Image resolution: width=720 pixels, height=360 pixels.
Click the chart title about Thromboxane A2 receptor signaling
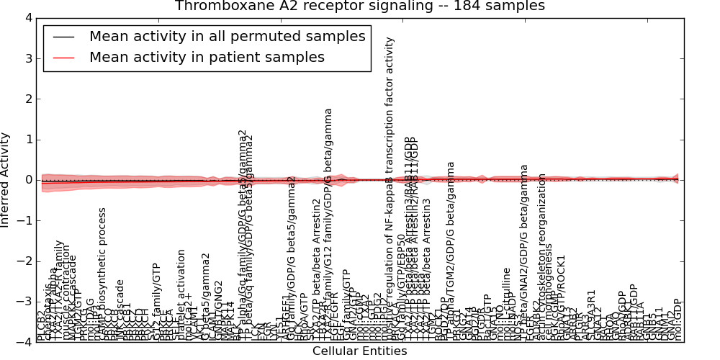click(x=359, y=6)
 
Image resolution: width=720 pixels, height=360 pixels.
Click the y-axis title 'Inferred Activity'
click(x=6, y=179)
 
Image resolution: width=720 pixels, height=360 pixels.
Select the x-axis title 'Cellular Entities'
click(x=359, y=351)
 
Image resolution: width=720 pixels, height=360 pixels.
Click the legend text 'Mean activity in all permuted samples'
click(x=227, y=36)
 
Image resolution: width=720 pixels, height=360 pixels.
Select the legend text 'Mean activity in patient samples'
click(x=207, y=57)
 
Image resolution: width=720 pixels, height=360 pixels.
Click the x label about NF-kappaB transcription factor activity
click(x=391, y=187)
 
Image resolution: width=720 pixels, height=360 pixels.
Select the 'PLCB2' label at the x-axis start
click(x=40, y=327)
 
